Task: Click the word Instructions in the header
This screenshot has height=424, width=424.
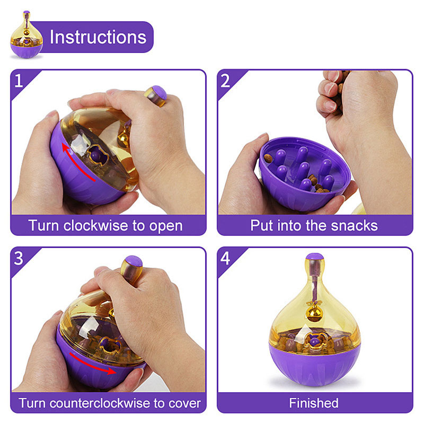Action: point(98,37)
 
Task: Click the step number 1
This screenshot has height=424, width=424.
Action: point(20,81)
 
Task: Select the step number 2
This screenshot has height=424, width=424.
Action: point(226,81)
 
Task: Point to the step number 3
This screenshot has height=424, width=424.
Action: point(20,259)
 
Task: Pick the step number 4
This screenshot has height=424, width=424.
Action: point(226,259)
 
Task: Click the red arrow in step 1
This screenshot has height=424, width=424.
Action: point(75,162)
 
